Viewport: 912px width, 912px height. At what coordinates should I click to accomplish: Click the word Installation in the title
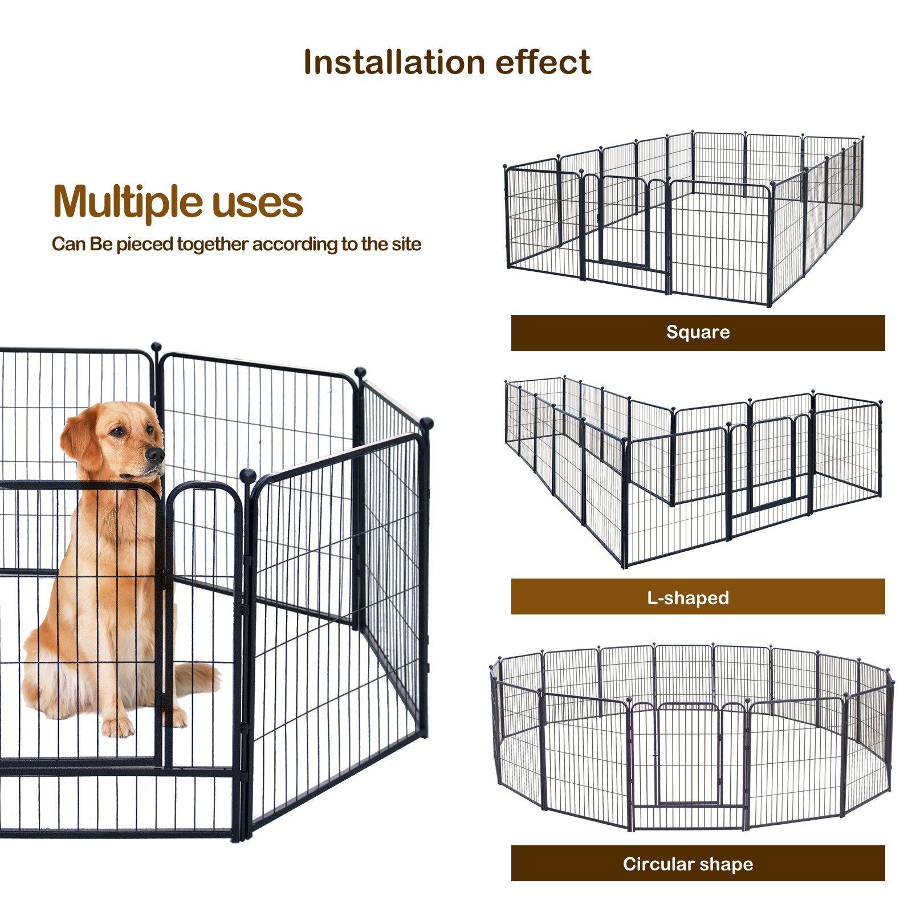393,63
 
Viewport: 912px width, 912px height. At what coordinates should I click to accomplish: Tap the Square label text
698,332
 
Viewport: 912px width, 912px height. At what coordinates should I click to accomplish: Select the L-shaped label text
688,597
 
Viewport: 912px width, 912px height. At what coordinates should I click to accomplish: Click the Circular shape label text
688,864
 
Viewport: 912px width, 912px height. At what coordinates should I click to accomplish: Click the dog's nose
155,454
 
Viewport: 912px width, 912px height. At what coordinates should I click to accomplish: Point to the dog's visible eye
118,431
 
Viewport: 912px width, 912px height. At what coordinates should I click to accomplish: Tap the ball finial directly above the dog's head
156,346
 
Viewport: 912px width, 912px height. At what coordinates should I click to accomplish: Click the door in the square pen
625,225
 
